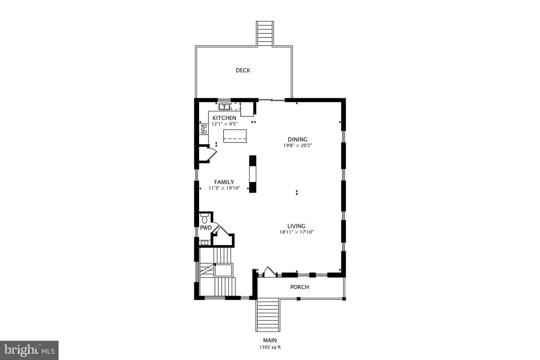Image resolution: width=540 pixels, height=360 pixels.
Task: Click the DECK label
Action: (x=243, y=70)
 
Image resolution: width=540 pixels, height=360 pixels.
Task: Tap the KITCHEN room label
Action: (x=224, y=118)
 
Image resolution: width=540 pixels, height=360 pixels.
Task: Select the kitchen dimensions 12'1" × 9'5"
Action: (x=224, y=124)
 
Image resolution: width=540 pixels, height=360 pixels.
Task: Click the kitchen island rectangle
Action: (x=235, y=136)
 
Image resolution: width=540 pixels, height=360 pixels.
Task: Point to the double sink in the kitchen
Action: (x=224, y=106)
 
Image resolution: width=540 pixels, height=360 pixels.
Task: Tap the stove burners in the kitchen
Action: (x=204, y=129)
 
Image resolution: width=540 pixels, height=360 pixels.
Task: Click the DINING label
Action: (x=297, y=139)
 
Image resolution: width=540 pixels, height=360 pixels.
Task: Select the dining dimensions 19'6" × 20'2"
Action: (x=298, y=145)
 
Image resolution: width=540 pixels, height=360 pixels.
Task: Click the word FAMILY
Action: (x=224, y=182)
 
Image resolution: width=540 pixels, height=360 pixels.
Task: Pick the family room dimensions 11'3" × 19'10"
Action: (x=224, y=188)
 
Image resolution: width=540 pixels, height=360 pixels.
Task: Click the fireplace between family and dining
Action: (x=253, y=174)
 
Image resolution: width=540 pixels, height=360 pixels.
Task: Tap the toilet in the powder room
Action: (x=204, y=218)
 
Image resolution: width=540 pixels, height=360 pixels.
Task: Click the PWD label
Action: (x=206, y=228)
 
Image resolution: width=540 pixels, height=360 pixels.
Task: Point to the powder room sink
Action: (x=204, y=242)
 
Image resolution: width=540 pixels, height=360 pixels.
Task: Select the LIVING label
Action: (x=296, y=226)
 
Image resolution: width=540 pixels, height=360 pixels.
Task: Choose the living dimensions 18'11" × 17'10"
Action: (x=296, y=232)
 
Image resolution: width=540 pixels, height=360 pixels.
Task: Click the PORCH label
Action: (x=299, y=287)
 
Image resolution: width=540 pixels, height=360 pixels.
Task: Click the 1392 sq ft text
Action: (x=270, y=347)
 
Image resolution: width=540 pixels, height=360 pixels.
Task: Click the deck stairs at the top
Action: (x=265, y=33)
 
